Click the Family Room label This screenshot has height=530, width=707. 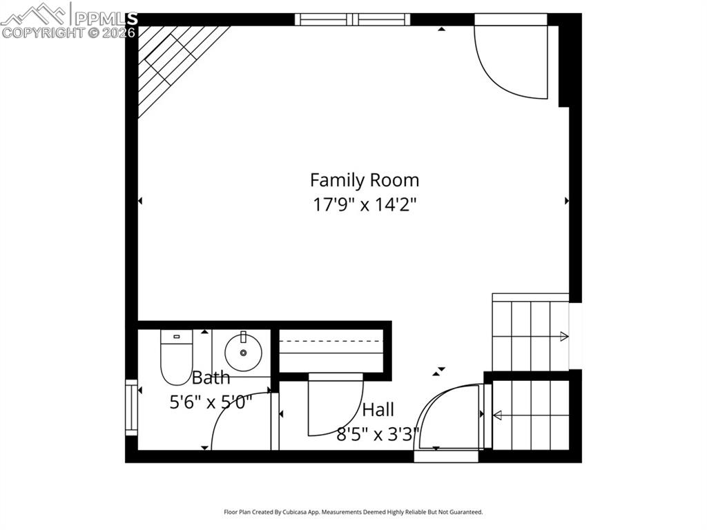(364, 180)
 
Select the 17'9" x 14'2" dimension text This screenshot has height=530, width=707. (364, 204)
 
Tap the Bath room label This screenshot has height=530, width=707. (211, 378)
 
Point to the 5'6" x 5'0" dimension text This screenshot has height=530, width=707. (211, 402)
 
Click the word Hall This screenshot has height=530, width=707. (378, 410)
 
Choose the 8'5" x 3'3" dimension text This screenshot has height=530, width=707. (378, 435)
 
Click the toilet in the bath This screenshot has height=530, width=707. (176, 355)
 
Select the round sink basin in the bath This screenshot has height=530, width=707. (242, 351)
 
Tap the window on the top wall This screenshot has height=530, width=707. (352, 19)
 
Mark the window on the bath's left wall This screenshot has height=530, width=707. (131, 407)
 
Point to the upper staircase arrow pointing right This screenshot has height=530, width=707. (563, 336)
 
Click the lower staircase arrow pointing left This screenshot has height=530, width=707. (497, 415)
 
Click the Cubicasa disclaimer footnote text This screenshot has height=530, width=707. (353, 512)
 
